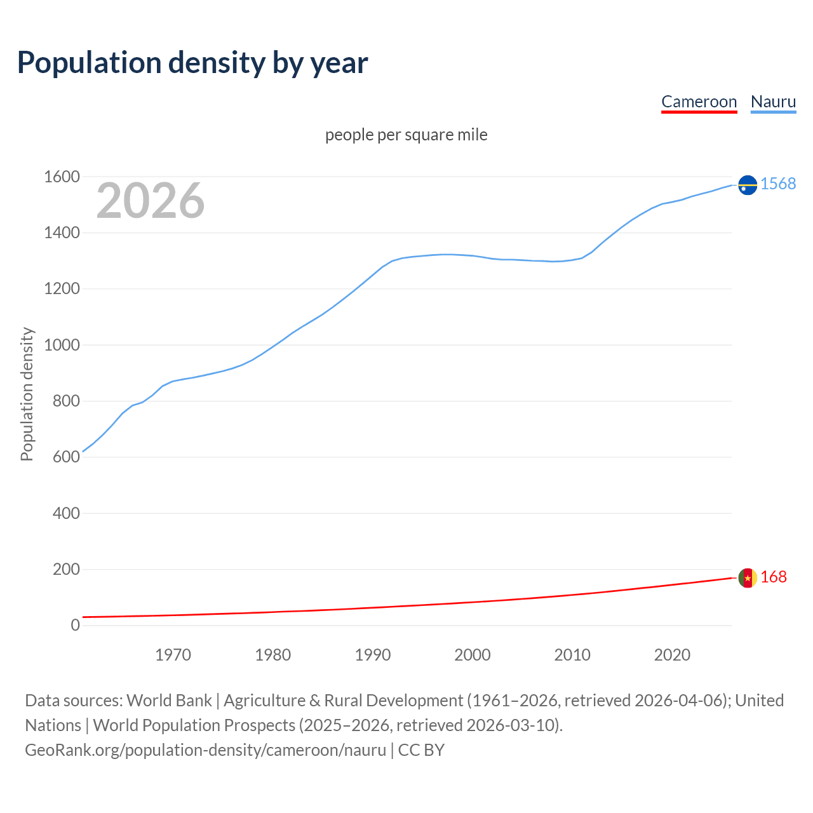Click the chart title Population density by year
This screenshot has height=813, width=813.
[x=192, y=63]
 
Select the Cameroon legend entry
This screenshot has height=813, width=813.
[x=699, y=102]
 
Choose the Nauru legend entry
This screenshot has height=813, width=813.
[x=773, y=102]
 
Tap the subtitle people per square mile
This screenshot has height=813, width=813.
[x=406, y=135]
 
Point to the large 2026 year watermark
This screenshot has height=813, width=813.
[x=151, y=201]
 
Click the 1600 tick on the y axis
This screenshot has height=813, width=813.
[x=62, y=177]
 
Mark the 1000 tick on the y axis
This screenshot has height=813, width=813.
[x=62, y=346]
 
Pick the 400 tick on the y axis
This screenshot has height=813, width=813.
[x=66, y=513]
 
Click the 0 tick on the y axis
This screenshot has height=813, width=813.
[x=76, y=626]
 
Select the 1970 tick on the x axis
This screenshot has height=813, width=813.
[x=173, y=655]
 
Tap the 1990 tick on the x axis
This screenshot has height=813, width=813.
[x=373, y=655]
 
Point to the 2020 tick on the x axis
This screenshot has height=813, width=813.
[x=672, y=655]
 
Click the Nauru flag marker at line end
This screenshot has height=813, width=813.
[x=748, y=185]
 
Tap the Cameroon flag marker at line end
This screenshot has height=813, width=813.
[x=748, y=578]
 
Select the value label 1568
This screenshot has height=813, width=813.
[x=778, y=184]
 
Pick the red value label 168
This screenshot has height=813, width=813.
[x=774, y=577]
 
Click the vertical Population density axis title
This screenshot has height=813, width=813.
[x=27, y=394]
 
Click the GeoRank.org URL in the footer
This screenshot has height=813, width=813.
[x=205, y=750]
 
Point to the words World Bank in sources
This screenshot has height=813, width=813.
[x=169, y=701]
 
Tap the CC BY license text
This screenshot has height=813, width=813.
[x=421, y=750]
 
